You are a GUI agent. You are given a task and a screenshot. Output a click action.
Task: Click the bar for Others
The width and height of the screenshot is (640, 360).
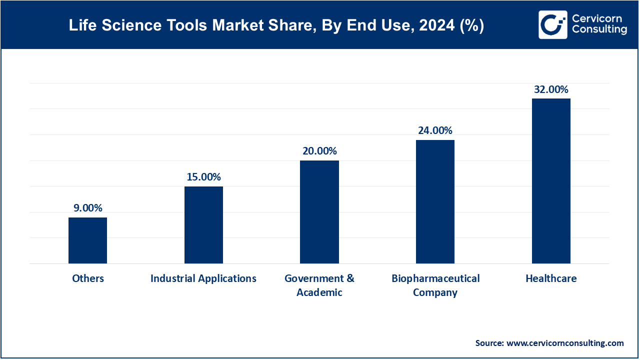(87, 240)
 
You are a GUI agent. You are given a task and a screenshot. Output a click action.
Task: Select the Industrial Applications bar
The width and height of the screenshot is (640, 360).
(203, 225)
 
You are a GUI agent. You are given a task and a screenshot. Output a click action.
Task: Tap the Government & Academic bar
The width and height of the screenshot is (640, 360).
(319, 212)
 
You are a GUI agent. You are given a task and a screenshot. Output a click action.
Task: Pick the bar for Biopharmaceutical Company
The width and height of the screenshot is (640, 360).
(435, 201)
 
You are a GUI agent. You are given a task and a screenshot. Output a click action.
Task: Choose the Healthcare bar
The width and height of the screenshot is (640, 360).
(551, 181)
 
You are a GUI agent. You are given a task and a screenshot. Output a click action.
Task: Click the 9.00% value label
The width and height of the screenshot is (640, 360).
(87, 208)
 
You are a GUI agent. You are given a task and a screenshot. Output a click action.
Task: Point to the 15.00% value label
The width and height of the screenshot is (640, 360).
(203, 177)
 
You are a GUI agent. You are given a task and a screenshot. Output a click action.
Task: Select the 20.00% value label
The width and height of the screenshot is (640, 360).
(319, 151)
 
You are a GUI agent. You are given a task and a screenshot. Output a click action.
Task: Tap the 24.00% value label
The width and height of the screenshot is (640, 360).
(435, 130)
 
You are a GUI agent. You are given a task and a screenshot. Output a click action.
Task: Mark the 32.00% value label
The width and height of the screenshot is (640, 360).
(551, 89)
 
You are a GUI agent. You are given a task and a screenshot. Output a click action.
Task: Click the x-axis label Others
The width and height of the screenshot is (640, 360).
(87, 278)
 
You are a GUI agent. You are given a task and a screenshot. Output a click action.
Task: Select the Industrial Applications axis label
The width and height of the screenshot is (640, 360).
(203, 278)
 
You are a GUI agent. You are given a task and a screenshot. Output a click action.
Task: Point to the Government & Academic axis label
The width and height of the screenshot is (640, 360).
(319, 285)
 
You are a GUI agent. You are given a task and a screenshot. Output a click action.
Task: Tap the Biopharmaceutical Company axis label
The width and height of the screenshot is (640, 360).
(435, 285)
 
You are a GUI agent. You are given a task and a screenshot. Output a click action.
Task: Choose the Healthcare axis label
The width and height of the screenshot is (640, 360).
(551, 278)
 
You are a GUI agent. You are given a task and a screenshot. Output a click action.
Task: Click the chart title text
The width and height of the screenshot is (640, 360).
(276, 26)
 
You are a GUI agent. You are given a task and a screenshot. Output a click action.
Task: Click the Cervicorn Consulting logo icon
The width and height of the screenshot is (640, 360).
(552, 24)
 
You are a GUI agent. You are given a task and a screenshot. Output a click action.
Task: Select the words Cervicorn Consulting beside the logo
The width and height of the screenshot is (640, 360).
(599, 24)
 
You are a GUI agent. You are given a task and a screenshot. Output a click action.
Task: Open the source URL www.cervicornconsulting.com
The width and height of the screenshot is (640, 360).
(565, 343)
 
